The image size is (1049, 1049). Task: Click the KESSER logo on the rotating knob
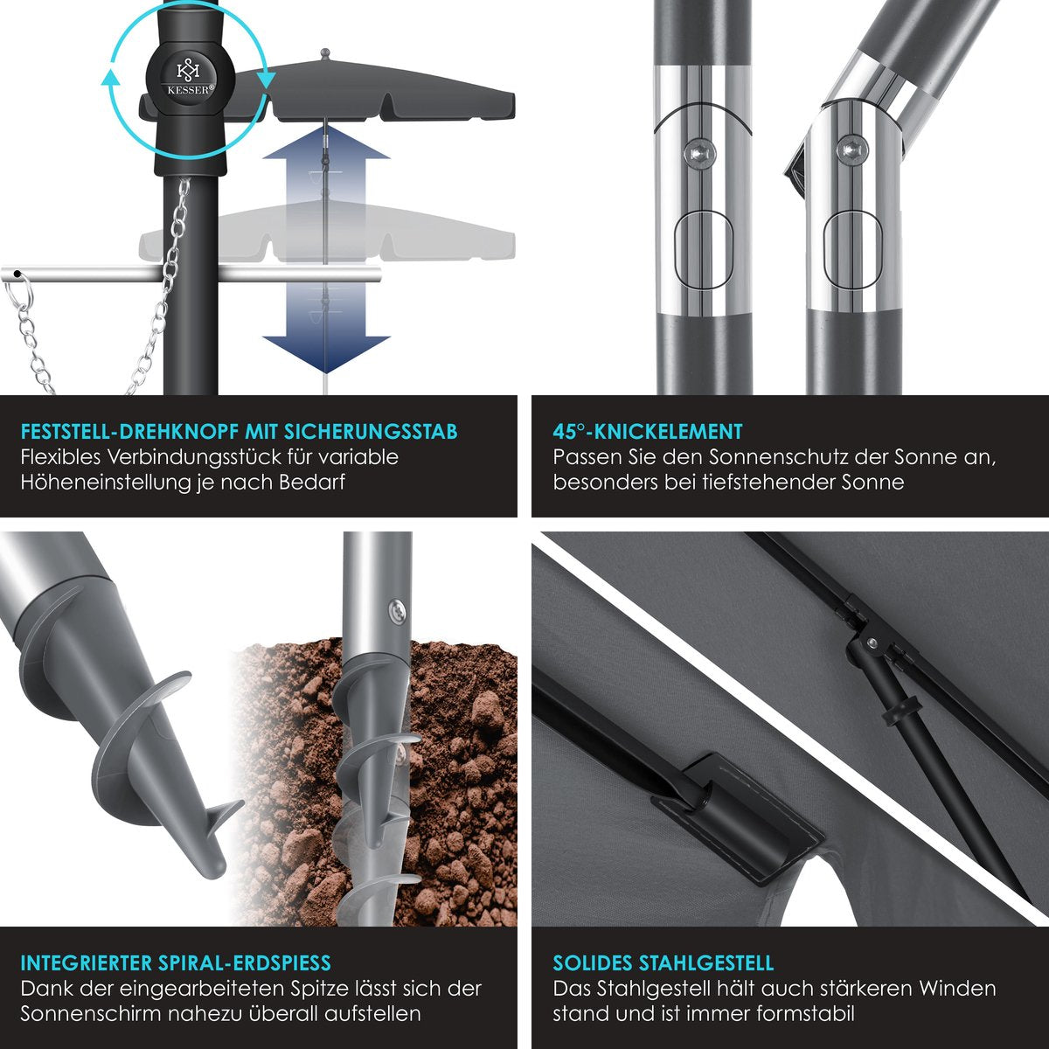click(x=188, y=78)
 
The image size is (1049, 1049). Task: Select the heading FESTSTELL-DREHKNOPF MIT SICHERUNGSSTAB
click(x=239, y=431)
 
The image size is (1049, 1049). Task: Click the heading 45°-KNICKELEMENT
click(x=647, y=431)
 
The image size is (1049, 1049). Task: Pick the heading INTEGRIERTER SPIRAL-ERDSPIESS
click(x=176, y=963)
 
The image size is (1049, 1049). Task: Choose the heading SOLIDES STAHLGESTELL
click(x=663, y=963)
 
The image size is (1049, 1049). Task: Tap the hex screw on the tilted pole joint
click(x=848, y=149)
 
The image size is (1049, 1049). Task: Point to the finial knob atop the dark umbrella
click(x=325, y=54)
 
